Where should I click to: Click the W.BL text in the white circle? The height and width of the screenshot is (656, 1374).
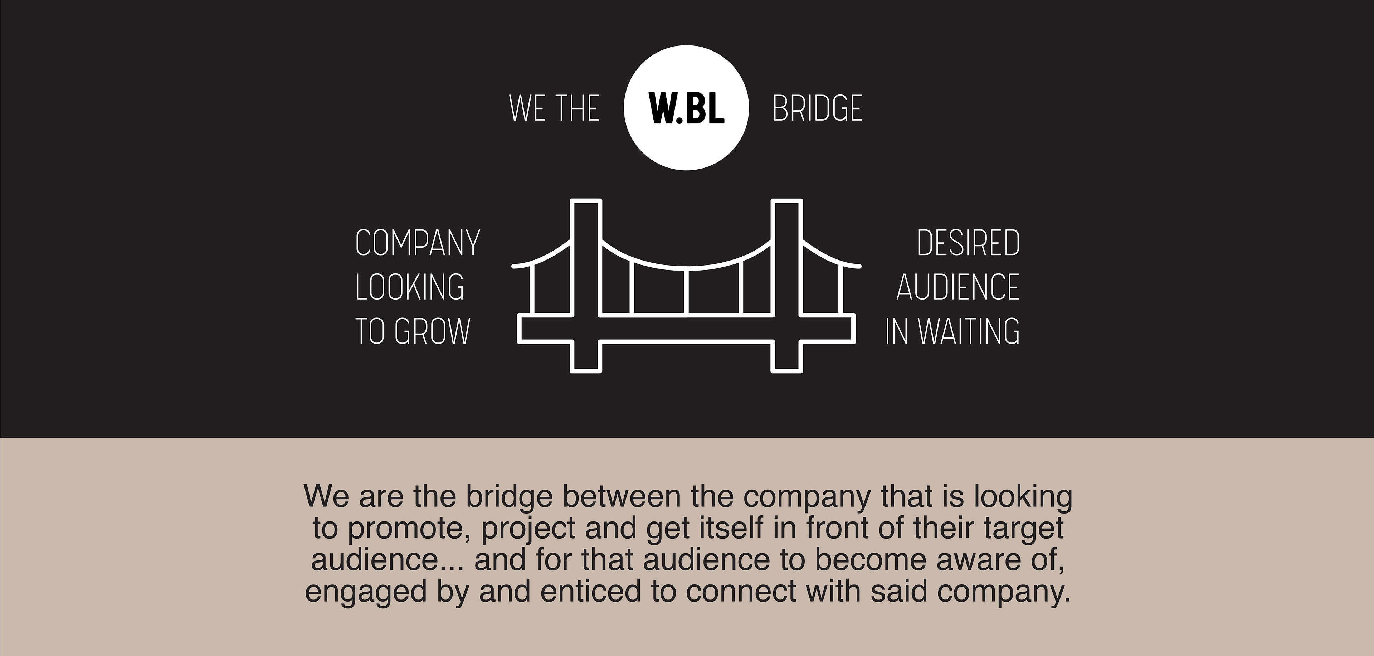tap(687, 108)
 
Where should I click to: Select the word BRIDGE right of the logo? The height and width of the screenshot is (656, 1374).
tap(817, 108)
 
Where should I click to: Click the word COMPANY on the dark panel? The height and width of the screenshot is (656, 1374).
tap(418, 243)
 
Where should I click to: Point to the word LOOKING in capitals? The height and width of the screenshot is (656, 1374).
tap(410, 287)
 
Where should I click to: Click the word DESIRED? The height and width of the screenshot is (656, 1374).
tap(968, 243)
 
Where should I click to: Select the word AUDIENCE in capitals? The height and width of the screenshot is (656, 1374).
tap(958, 287)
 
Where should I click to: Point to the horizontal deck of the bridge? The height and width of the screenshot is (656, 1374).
tap(687, 329)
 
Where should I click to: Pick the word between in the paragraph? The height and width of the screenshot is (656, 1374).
tap(622, 496)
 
